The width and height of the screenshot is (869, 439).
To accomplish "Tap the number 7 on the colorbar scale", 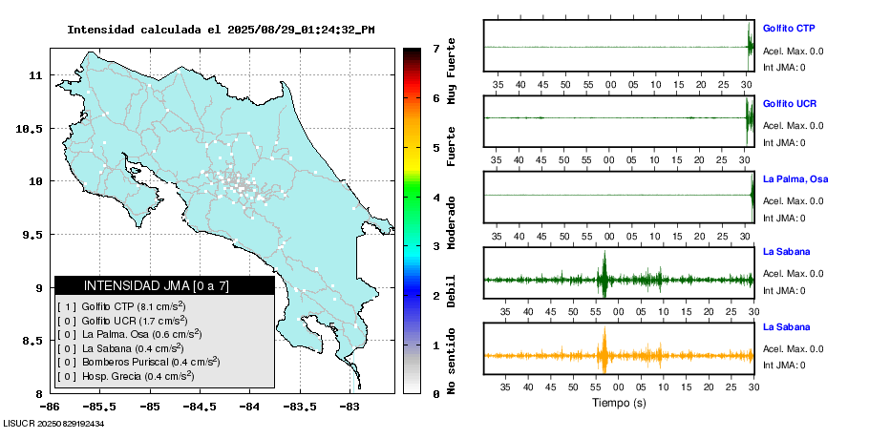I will coord(435,48).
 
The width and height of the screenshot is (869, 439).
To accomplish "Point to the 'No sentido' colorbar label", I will coord(452,358).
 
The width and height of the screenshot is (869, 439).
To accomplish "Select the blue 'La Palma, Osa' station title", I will coord(795,178).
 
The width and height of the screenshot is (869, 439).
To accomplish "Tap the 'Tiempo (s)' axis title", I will coord(620,404).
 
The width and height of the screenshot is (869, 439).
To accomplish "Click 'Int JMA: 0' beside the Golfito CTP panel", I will coord(784,67).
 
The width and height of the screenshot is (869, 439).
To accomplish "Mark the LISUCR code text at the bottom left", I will coord(53,423).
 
